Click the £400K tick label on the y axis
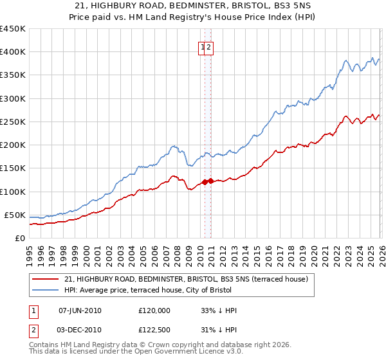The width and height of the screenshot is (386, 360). click(13, 52)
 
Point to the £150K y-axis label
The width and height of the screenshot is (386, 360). click(13, 168)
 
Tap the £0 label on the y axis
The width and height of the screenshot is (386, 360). click(19, 238)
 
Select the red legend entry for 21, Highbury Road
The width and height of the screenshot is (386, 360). click(186, 279)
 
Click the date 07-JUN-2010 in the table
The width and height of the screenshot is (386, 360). click(80, 310)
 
